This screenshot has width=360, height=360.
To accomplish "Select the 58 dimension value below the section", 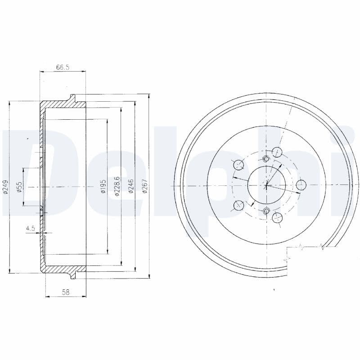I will click(66, 292).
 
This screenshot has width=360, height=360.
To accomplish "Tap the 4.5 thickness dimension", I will click(31, 229).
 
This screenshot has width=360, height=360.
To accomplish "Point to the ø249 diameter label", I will click(5, 187).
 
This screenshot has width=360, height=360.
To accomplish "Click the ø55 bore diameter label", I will click(19, 187).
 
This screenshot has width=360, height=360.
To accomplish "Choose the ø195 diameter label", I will click(103, 187).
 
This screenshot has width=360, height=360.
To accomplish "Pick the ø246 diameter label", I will click(130, 186).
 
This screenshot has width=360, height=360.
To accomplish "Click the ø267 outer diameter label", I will click(144, 186).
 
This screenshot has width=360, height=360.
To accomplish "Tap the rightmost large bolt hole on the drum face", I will click(301, 185).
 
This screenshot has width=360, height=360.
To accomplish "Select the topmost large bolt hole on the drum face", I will click(277, 152).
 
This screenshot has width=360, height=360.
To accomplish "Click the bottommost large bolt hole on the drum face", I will click(277, 219).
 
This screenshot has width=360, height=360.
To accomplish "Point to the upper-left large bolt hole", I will click(238, 165).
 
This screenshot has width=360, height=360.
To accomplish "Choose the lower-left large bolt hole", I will click(238, 206).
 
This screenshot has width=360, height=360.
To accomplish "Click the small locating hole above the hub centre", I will click(266, 158).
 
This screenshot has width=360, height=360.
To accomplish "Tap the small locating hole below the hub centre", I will click(266, 211).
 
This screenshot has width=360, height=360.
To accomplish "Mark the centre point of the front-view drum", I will click(266, 185).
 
